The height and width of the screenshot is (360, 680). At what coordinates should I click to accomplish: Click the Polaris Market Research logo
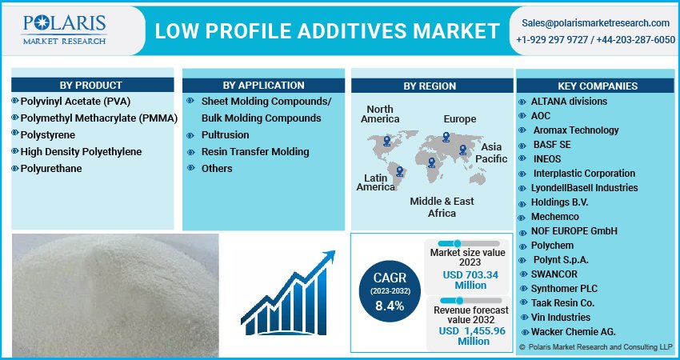(x=64, y=30)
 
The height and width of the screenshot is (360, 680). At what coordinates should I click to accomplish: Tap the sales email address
(x=595, y=23)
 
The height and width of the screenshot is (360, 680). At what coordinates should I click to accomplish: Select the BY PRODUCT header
(x=91, y=85)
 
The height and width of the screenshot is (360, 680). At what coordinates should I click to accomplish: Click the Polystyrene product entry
(x=48, y=135)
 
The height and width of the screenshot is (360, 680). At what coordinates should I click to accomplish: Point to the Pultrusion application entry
(x=225, y=135)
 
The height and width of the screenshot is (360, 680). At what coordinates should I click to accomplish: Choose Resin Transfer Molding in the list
(x=255, y=152)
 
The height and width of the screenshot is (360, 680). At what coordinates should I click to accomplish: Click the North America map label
(x=380, y=114)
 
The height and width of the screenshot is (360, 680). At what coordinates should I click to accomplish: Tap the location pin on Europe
(x=446, y=137)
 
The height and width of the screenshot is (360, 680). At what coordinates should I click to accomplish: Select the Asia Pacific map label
(x=491, y=153)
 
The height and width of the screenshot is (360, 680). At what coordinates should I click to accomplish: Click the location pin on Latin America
(x=399, y=171)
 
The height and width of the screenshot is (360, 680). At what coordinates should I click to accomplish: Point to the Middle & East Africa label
(x=442, y=207)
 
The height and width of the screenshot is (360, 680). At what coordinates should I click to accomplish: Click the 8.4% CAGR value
(x=390, y=306)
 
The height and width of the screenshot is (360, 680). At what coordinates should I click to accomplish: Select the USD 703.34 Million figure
(x=470, y=280)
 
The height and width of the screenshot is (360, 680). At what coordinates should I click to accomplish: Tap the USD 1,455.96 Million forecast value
(x=472, y=336)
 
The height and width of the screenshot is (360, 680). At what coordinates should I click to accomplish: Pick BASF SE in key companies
(x=552, y=145)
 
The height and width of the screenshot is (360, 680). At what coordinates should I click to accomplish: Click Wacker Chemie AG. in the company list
(x=574, y=332)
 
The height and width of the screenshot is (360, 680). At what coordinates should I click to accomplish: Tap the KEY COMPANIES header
(x=598, y=86)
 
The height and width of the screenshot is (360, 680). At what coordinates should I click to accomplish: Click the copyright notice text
(x=595, y=347)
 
